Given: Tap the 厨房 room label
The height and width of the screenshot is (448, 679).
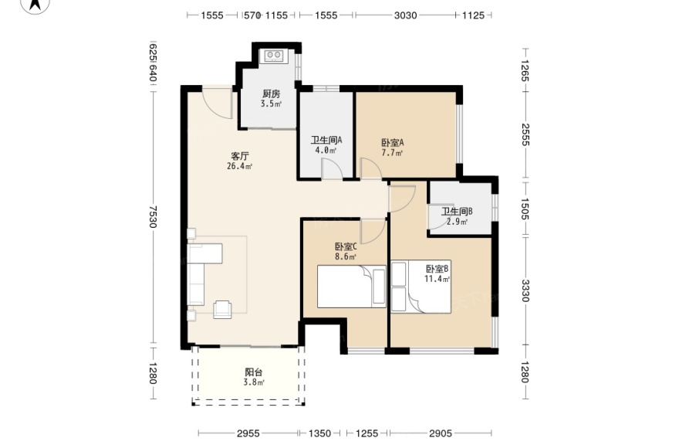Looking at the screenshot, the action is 272,93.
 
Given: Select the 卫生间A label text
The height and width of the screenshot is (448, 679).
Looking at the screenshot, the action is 326,140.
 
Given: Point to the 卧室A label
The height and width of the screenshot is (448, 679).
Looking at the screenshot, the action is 393,143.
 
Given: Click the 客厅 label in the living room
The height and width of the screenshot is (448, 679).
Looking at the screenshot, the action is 240,156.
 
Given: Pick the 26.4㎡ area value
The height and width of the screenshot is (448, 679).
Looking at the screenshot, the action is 240,166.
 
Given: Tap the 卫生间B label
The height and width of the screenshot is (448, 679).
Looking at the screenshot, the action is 457,212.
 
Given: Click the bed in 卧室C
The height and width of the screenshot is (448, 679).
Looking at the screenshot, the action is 352,287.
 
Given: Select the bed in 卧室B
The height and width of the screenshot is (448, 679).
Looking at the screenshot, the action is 421,287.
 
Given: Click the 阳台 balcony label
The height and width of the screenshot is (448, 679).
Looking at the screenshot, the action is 254,372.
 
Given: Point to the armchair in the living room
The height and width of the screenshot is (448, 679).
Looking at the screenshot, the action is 222,309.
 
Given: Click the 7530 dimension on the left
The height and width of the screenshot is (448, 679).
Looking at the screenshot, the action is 152,216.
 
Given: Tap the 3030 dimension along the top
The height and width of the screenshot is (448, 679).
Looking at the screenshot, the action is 405,15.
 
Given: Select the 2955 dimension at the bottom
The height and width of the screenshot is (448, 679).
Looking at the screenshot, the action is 248,433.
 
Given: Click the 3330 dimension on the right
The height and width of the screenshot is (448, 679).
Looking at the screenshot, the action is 525,290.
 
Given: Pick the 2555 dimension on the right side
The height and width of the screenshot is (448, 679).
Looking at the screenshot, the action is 525,135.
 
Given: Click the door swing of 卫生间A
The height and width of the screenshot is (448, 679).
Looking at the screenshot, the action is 332,168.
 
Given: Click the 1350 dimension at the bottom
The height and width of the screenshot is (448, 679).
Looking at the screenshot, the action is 319,433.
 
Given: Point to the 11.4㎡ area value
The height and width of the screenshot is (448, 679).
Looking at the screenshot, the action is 437,279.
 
